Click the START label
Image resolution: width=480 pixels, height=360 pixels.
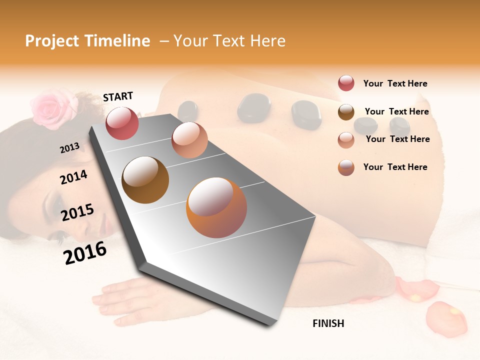(x=118, y=96)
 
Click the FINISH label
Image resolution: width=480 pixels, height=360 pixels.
(x=328, y=323)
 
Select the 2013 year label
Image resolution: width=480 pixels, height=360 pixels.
(x=70, y=147)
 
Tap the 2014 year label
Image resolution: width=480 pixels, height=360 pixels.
(x=73, y=177)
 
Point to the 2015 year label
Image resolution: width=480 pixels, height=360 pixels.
(x=77, y=212)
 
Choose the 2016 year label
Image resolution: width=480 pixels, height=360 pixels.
(x=85, y=253)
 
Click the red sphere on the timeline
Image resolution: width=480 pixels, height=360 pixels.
(x=122, y=123)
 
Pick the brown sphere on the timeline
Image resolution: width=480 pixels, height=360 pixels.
(x=145, y=180)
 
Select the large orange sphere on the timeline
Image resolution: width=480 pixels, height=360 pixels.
(x=216, y=207)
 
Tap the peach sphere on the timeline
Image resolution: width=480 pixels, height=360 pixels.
(x=189, y=140)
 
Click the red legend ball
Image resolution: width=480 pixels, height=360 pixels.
(x=346, y=83)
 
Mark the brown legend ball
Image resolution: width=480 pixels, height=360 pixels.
(x=346, y=112)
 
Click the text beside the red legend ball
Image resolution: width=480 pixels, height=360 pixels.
(x=395, y=84)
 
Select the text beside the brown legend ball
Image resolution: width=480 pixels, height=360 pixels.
(x=396, y=111)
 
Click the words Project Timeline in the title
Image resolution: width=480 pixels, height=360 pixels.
(x=87, y=41)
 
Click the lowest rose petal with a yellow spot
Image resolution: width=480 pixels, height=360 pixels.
(x=446, y=318)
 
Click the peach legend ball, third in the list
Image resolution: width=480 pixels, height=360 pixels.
(x=346, y=140)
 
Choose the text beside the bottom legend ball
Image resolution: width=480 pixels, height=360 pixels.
(x=395, y=167)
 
